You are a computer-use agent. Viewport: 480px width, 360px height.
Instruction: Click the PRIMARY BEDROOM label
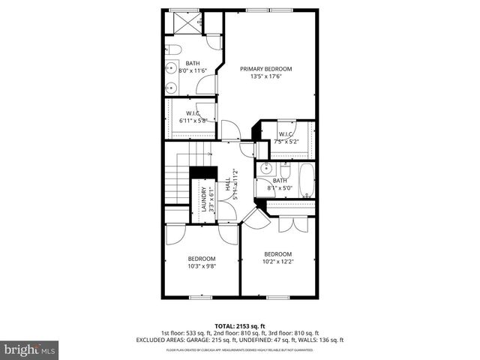(x=265, y=68)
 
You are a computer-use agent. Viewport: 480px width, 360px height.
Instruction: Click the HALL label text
(x=228, y=183)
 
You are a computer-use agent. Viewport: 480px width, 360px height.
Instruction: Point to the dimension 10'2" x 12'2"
(x=277, y=261)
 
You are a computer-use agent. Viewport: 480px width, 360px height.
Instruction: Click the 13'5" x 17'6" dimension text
(x=265, y=76)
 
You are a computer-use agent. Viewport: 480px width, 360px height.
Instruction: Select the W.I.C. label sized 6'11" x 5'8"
(x=191, y=113)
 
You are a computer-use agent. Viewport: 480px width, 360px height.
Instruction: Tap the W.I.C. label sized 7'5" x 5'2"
(x=286, y=134)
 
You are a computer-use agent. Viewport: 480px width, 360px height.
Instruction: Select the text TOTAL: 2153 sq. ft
(x=240, y=327)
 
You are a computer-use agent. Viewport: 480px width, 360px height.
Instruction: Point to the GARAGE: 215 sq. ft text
(x=247, y=340)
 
